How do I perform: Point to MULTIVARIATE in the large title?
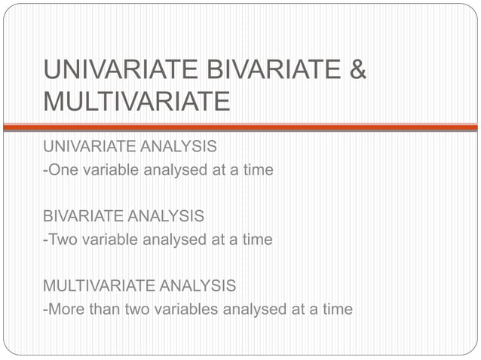coord(136,100)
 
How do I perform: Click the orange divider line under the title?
coord(240,127)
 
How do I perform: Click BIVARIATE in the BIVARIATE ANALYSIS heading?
coord(81,217)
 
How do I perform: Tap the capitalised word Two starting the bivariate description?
coord(62,240)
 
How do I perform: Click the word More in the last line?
coord(66,310)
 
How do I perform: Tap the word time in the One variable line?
coord(258,170)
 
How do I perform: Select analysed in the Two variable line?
coord(176,240)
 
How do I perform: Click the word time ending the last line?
coord(337,310)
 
